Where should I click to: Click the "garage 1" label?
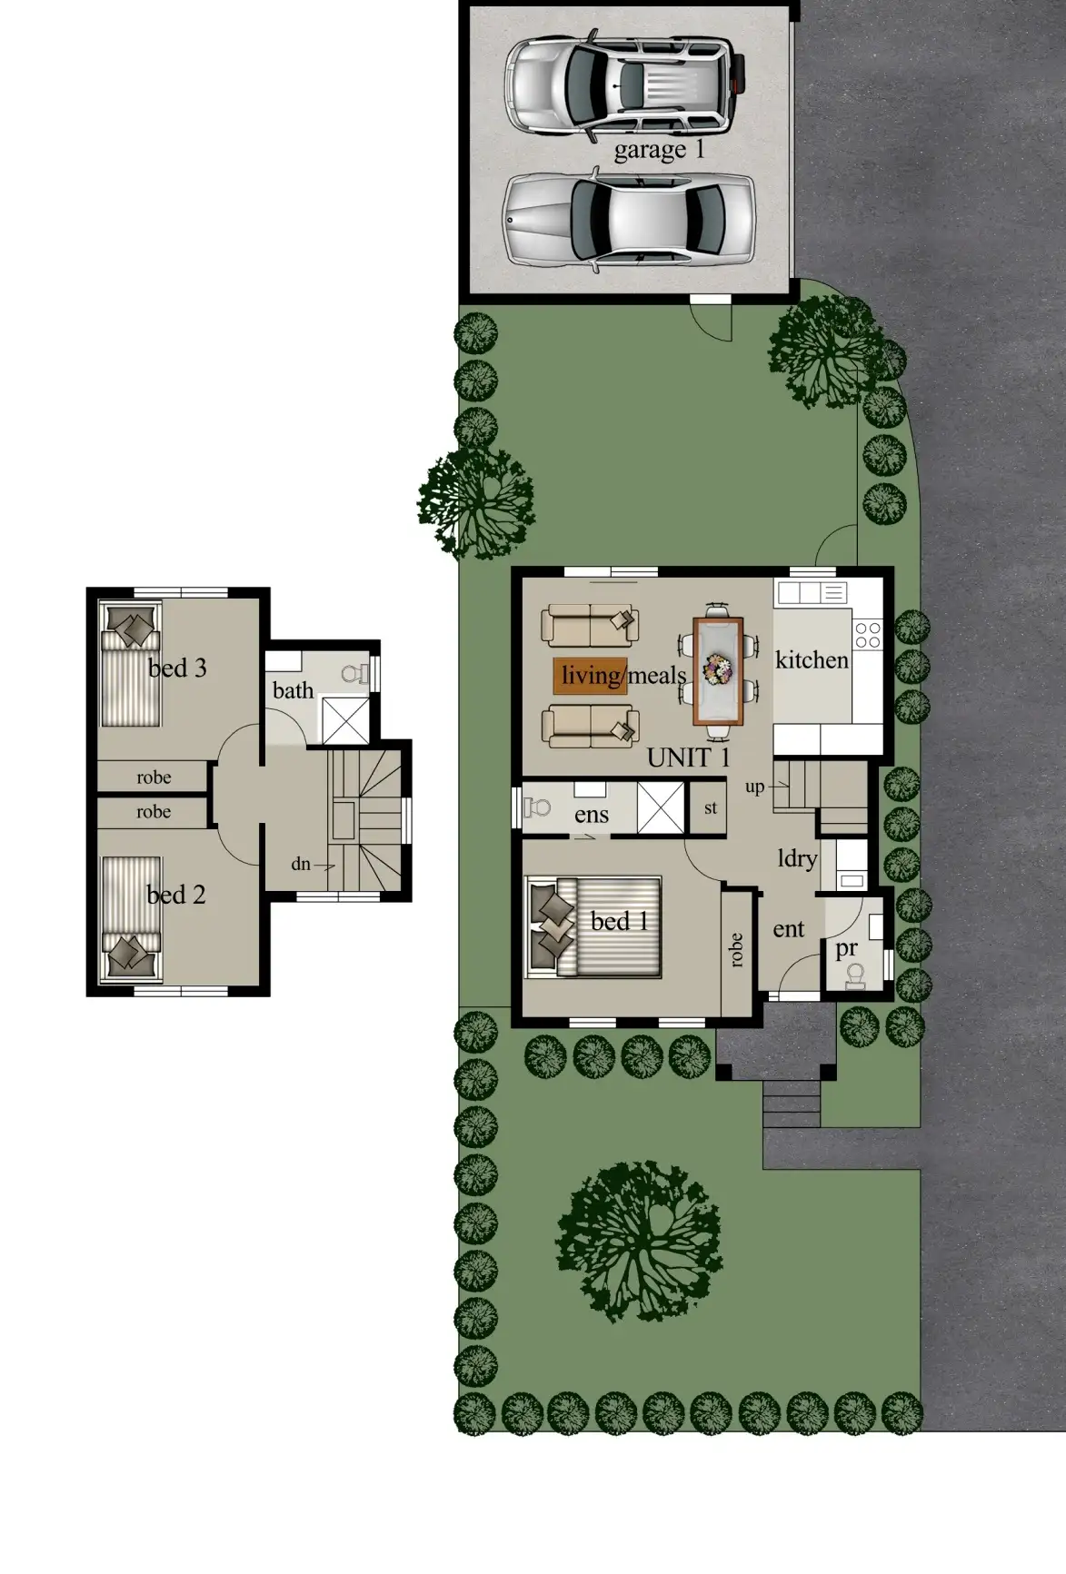click(x=659, y=149)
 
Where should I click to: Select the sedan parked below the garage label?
click(x=629, y=219)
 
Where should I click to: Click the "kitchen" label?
click(x=812, y=660)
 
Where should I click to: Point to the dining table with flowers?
click(x=718, y=670)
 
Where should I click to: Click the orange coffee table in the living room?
click(x=590, y=675)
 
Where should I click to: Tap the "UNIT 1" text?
click(x=688, y=757)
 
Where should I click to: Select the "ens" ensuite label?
click(x=592, y=815)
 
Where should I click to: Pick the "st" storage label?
click(x=711, y=807)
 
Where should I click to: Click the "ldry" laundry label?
click(x=797, y=858)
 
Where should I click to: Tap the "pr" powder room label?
click(x=846, y=948)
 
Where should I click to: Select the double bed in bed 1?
click(x=595, y=926)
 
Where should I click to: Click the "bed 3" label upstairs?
click(x=177, y=668)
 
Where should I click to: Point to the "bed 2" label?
click(x=176, y=895)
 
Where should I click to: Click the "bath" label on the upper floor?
click(x=293, y=690)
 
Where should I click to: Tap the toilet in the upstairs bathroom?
click(x=354, y=673)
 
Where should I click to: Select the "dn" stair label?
click(x=301, y=864)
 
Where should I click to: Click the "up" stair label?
click(x=754, y=787)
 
